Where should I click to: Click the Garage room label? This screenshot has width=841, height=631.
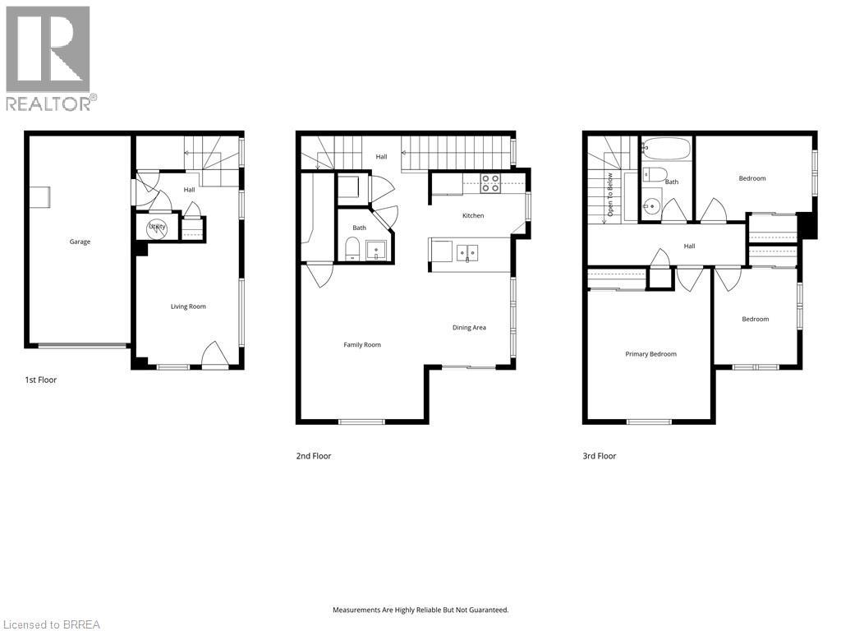pyautogui.click(x=80, y=242)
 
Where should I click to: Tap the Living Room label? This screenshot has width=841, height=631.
pyautogui.click(x=188, y=306)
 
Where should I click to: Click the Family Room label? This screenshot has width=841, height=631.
pyautogui.click(x=362, y=345)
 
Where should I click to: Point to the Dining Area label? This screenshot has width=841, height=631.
pyautogui.click(x=469, y=328)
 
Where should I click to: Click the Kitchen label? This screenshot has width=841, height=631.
pyautogui.click(x=473, y=216)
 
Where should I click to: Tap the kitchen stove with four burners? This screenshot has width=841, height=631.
pyautogui.click(x=490, y=183)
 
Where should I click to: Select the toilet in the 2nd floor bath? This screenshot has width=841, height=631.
pyautogui.click(x=352, y=248)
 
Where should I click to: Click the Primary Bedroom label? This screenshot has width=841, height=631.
pyautogui.click(x=650, y=354)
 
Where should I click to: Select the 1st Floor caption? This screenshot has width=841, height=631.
pyautogui.click(x=40, y=380)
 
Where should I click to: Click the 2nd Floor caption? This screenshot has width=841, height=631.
pyautogui.click(x=314, y=456)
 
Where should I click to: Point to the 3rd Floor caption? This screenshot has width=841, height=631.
pyautogui.click(x=599, y=456)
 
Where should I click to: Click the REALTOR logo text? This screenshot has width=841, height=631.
pyautogui.click(x=51, y=103)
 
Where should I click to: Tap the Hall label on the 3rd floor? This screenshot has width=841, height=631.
pyautogui.click(x=690, y=246)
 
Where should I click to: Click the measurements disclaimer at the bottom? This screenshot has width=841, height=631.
pyautogui.click(x=420, y=610)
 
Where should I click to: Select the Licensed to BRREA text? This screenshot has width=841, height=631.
pyautogui.click(x=51, y=624)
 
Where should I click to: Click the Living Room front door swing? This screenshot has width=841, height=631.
pyautogui.click(x=214, y=353)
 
